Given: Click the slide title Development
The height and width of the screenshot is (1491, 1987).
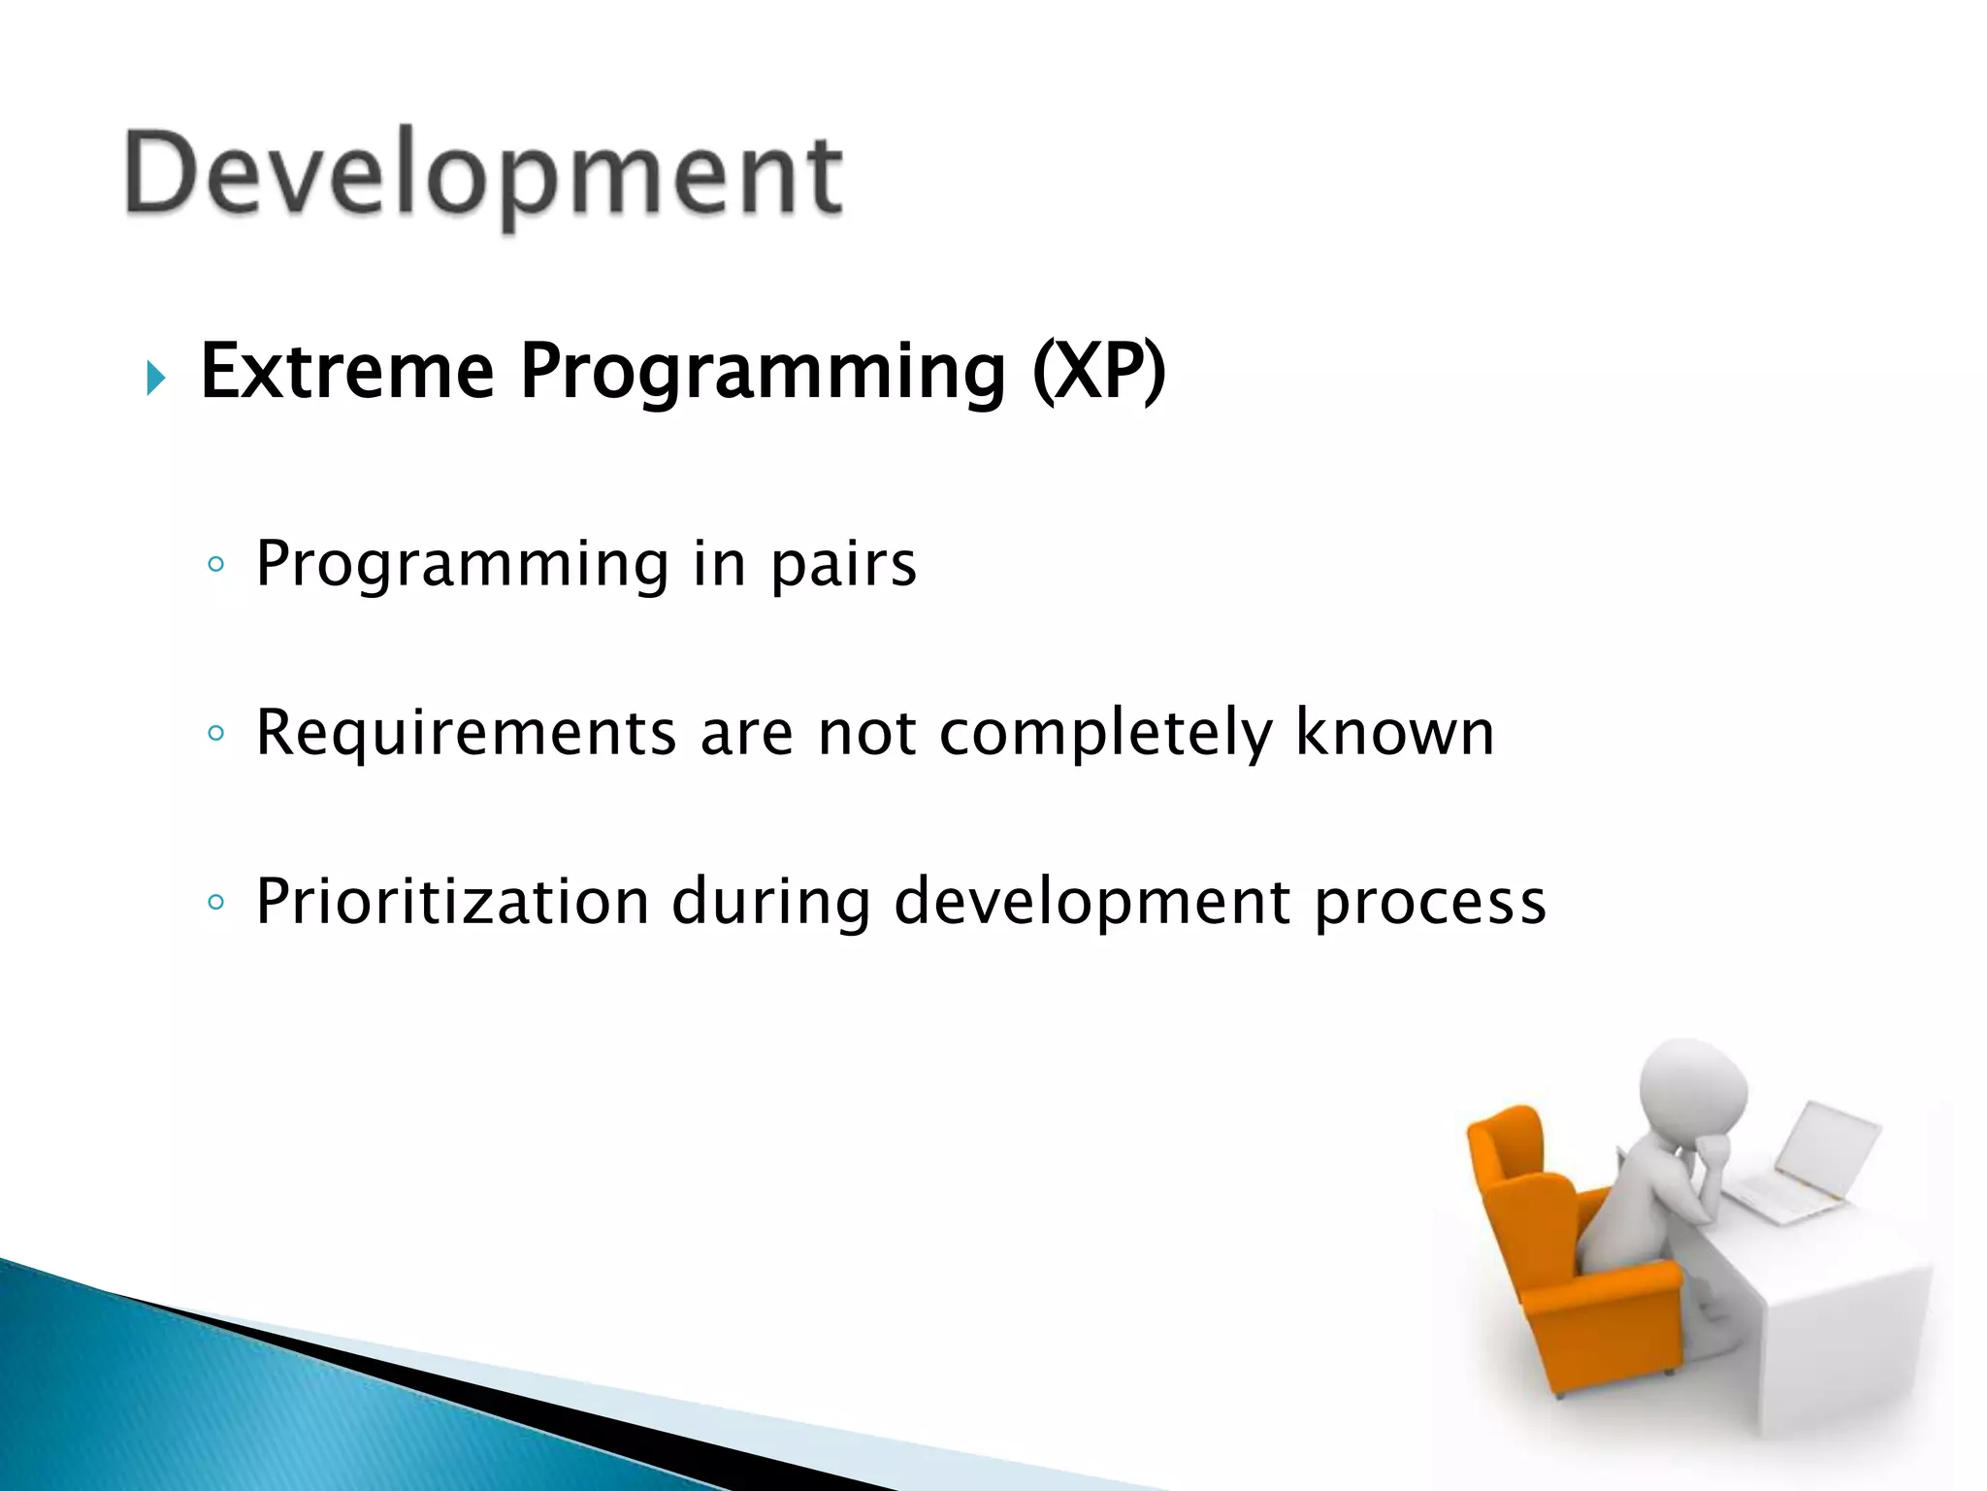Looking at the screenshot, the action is coord(483,178).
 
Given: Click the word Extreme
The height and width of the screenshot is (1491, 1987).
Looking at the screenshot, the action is coord(347,371).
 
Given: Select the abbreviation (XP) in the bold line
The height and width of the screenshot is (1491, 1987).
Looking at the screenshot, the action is coord(1098,373).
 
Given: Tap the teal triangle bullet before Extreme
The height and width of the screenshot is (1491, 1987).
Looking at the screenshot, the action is coord(156,378).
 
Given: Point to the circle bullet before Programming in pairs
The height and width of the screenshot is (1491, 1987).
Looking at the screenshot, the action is coord(216,564).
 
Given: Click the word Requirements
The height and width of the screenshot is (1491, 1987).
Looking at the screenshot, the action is coord(466,734).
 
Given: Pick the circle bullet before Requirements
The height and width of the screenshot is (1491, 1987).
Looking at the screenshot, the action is coord(216,733).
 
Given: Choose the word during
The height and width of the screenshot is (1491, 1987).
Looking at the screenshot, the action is coord(771,904).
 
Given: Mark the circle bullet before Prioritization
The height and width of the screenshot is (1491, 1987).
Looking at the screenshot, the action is coord(216,902).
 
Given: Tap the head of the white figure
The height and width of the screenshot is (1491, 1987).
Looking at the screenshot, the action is coord(1693,1092).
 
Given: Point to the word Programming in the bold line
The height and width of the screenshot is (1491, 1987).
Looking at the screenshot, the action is coord(763,373).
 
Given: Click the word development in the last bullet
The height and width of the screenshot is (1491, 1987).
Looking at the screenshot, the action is coord(1091,904).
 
